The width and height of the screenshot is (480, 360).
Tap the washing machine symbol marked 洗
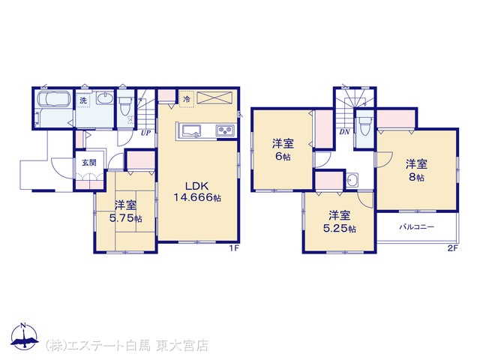pyautogui.click(x=83, y=100)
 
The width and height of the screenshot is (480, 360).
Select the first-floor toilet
pyautogui.click(x=125, y=105)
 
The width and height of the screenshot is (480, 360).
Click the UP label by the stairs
pyautogui.click(x=145, y=133)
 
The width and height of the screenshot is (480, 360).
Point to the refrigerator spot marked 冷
pyautogui.click(x=187, y=99)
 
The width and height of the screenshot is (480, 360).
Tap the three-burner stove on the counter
pyautogui.click(x=225, y=130)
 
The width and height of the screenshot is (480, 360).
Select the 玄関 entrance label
pyautogui.click(x=89, y=163)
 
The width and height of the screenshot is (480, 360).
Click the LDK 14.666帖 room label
pyautogui.click(x=197, y=192)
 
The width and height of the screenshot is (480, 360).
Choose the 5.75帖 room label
pyautogui.click(x=125, y=211)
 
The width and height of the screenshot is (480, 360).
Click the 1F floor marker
pyautogui.click(x=234, y=248)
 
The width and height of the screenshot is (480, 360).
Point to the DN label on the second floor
pyautogui.click(x=344, y=132)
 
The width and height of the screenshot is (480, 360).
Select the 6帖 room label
pyautogui.click(x=283, y=150)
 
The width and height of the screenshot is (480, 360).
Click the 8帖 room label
pyautogui.click(x=417, y=170)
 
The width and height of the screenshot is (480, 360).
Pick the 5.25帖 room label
pyautogui.click(x=340, y=222)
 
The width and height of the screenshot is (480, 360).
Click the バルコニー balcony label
pyautogui.click(x=417, y=227)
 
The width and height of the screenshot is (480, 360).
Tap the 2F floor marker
pyautogui.click(x=452, y=248)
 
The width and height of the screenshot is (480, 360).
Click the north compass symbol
pyautogui.click(x=25, y=336)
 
